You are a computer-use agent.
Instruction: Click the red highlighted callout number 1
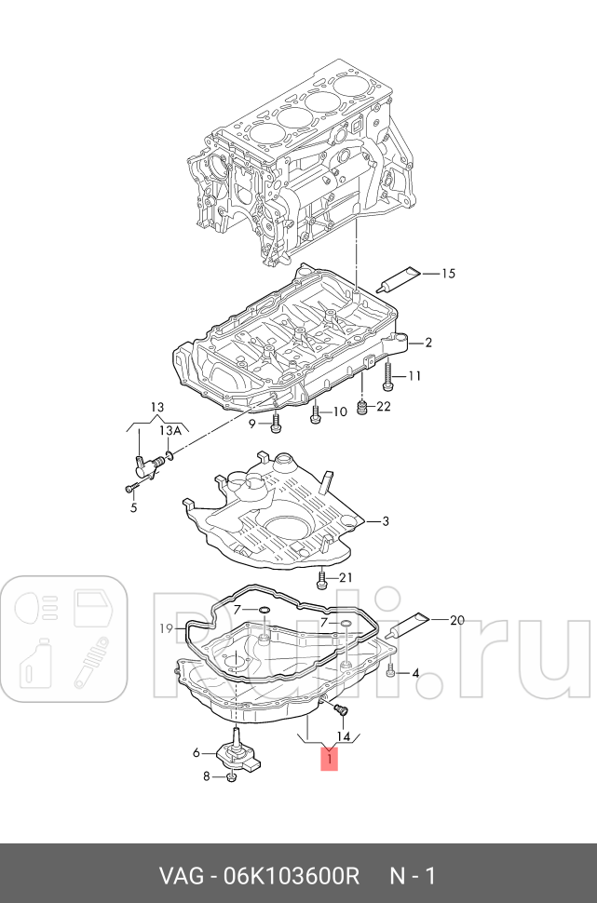click(330, 760)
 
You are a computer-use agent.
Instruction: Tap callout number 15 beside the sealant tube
click(448, 274)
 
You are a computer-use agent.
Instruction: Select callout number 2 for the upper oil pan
click(428, 343)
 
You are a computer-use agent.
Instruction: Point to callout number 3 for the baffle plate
click(387, 520)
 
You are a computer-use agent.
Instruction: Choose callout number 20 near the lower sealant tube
click(456, 620)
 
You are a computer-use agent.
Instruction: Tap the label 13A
click(170, 431)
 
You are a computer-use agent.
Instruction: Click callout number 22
click(385, 406)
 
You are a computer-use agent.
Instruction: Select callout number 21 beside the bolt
click(346, 578)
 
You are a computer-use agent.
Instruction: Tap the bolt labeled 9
click(276, 425)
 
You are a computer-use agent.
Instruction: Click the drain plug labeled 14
click(339, 712)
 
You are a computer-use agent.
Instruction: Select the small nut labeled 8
click(230, 776)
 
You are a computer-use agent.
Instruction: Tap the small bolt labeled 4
click(392, 672)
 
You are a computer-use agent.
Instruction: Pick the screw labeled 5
click(129, 487)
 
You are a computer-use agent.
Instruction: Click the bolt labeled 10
click(315, 415)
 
